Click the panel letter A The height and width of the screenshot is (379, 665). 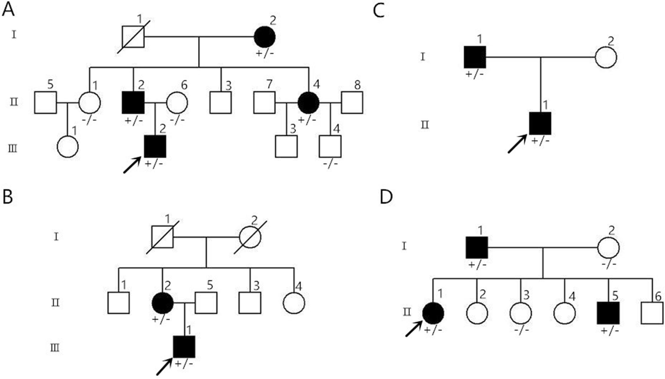[x=8, y=10]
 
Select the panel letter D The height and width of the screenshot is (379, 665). [x=386, y=197]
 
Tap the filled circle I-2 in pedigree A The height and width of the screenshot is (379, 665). [x=265, y=37]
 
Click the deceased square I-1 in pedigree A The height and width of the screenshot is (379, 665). [x=133, y=37]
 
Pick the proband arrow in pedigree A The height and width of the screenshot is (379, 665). [x=132, y=165]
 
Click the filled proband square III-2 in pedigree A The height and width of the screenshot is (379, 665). [x=155, y=147]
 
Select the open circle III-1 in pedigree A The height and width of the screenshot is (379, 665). [x=68, y=147]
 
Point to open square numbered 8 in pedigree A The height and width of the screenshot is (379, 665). [x=352, y=103]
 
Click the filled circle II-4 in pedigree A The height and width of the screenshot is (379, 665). [x=308, y=103]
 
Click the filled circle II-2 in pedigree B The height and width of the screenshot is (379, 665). [x=162, y=303]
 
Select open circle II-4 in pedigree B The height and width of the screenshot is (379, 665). [x=294, y=303]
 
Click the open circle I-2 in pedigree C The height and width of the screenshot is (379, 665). [x=606, y=57]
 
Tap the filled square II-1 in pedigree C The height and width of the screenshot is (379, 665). [x=540, y=123]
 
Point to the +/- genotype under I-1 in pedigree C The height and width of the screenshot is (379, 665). [x=475, y=74]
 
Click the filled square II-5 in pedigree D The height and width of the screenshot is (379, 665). [x=608, y=313]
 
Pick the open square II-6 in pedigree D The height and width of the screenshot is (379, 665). [x=652, y=313]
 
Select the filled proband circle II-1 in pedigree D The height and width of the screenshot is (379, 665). [x=433, y=313]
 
